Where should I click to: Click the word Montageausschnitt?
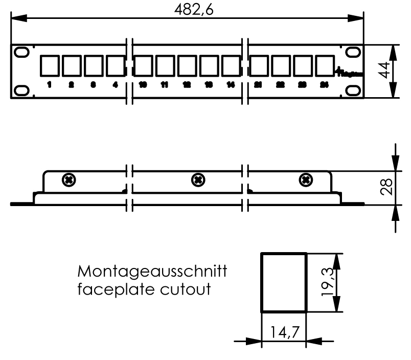[153, 271]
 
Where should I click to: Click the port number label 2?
[71, 85]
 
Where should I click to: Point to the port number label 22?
[280, 85]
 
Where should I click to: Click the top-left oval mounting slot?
[21, 52]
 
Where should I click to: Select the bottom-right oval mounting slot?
[353, 90]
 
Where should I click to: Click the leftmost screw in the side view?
[68, 179]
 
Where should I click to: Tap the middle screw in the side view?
[197, 179]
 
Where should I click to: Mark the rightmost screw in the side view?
[306, 179]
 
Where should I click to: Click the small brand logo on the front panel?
[350, 73]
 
